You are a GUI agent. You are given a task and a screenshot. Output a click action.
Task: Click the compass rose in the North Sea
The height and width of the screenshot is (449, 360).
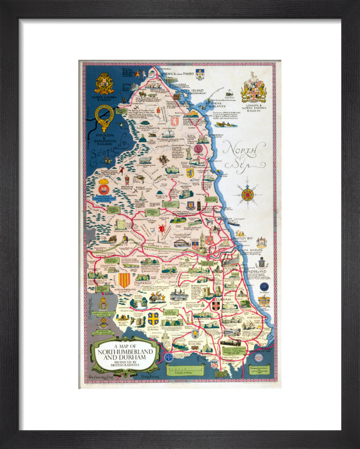(x=247, y=194)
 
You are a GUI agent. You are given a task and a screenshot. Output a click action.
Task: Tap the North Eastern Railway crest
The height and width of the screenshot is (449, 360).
(x=104, y=84)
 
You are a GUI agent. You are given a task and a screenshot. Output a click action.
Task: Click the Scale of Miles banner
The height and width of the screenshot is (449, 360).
(x=185, y=369)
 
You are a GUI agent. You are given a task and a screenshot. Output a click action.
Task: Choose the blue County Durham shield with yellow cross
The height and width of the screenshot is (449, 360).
(x=153, y=318)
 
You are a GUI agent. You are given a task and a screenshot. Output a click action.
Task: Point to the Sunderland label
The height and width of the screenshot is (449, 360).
(x=255, y=272)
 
